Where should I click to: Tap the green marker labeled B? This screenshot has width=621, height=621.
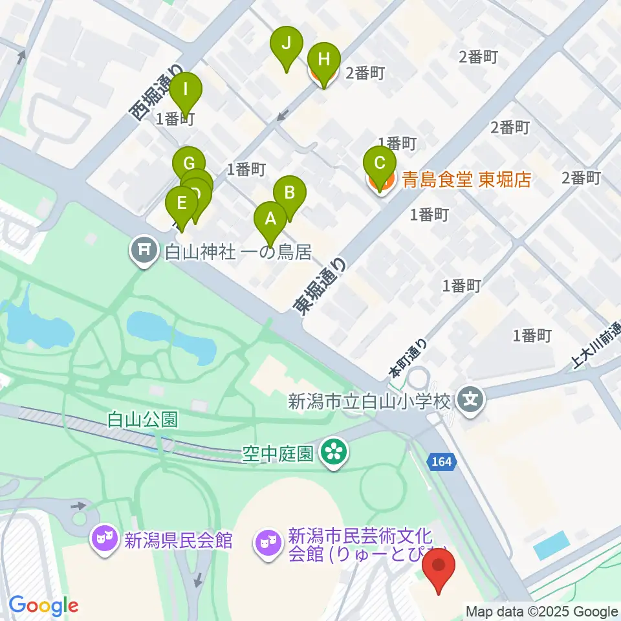click(290, 192)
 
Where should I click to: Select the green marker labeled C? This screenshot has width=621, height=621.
click(380, 162)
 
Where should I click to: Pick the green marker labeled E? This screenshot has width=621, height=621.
click(182, 203)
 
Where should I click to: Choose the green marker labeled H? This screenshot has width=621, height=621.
click(323, 60)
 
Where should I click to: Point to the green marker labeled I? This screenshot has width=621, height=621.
click(186, 89)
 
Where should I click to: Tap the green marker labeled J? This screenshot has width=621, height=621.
click(287, 44)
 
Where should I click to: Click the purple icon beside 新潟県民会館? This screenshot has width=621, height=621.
click(103, 539)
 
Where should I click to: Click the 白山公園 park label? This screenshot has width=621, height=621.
click(142, 420)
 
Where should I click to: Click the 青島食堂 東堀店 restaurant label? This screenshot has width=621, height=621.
click(466, 180)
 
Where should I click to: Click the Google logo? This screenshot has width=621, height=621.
click(44, 606)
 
